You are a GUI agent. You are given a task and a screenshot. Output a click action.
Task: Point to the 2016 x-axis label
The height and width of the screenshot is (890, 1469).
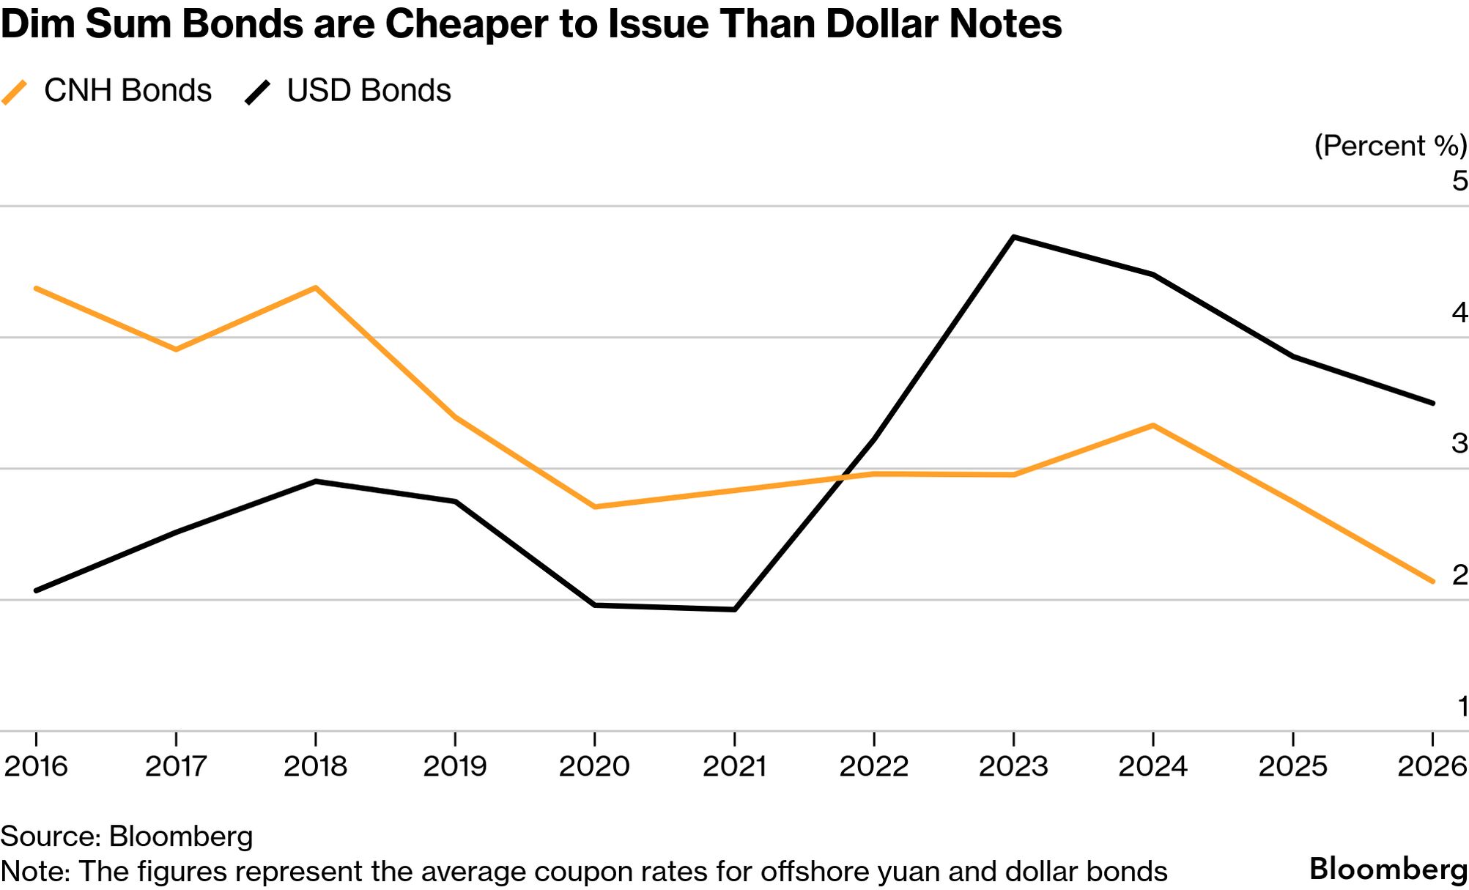tap(36, 766)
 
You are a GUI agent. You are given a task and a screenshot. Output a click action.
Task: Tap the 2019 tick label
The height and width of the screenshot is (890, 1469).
tap(455, 766)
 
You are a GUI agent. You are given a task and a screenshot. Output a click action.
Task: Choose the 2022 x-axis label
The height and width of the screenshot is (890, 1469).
tap(873, 766)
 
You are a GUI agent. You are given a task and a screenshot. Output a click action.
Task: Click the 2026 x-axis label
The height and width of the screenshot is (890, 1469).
tap(1432, 766)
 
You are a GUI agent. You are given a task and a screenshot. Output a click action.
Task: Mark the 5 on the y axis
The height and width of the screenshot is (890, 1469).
tap(1459, 181)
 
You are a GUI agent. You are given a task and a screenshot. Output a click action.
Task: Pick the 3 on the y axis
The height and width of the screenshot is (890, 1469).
tap(1459, 443)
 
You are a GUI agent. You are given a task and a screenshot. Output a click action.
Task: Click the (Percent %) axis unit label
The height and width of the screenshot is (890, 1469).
tap(1390, 146)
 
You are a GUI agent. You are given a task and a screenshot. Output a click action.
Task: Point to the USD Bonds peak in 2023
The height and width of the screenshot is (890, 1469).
tap(1013, 237)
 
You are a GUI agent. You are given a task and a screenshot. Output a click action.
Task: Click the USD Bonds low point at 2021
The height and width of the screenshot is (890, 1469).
tap(734, 609)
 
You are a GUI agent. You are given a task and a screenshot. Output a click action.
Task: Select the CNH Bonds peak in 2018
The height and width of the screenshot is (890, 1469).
tap(315, 287)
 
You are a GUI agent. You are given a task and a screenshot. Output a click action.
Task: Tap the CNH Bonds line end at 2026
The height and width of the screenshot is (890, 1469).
tap(1432, 582)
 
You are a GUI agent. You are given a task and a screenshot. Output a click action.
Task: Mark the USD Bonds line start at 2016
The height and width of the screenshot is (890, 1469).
tap(36, 590)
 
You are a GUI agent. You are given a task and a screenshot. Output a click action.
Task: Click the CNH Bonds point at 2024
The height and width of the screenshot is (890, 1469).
tap(1153, 426)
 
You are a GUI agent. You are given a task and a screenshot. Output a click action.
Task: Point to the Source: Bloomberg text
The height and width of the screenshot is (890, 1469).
tap(127, 837)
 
